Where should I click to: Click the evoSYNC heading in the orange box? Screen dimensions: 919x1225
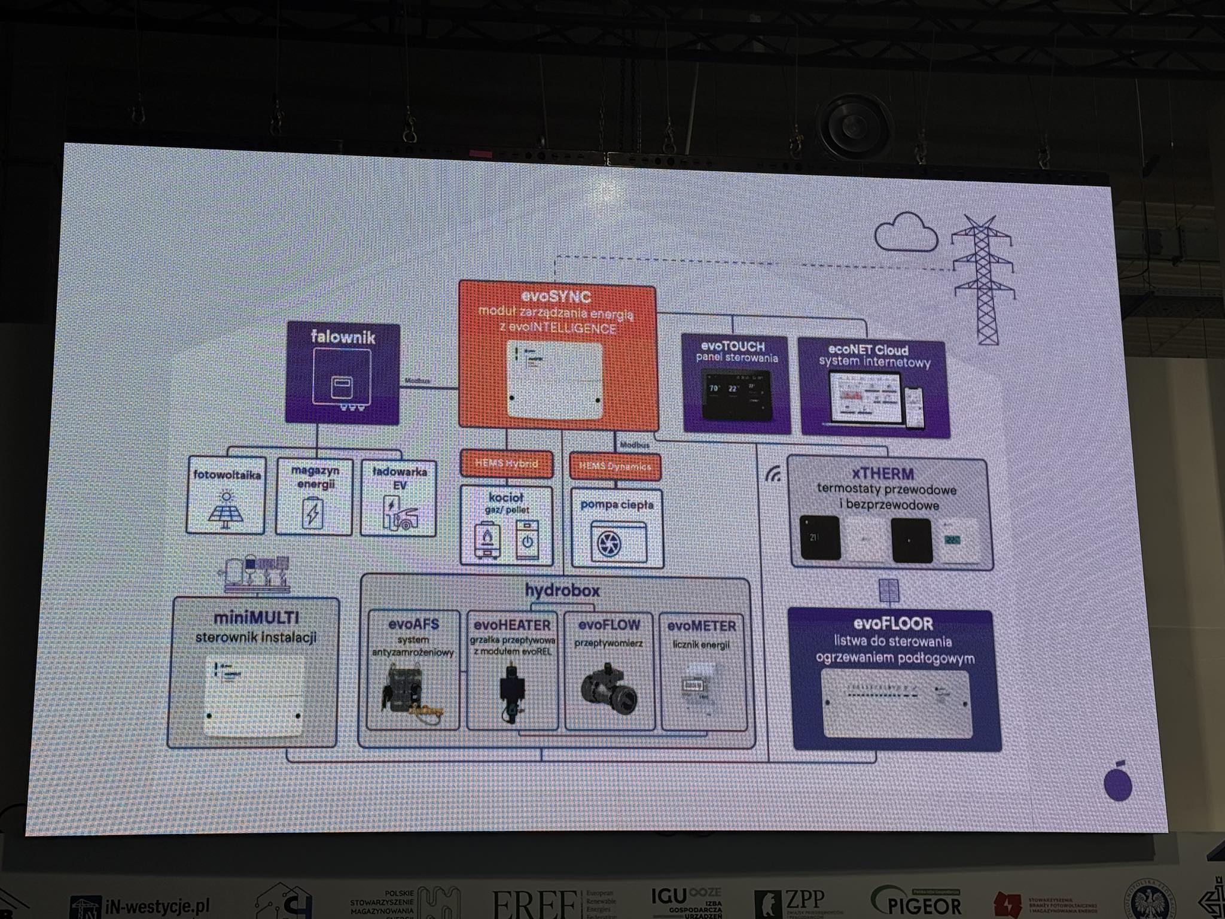556,297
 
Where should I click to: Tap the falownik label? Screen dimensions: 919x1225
343,337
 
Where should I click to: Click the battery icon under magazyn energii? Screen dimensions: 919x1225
312,513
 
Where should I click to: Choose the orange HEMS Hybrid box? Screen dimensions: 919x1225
506,463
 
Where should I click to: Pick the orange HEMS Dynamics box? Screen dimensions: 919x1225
615,467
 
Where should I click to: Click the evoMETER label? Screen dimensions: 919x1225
701,626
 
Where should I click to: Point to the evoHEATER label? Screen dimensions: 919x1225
512,625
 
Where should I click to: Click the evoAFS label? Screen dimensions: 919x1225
413,624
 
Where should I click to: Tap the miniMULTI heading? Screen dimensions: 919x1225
256,618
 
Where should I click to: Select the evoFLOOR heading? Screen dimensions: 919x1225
892,624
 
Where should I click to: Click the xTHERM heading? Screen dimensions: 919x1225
883,474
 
